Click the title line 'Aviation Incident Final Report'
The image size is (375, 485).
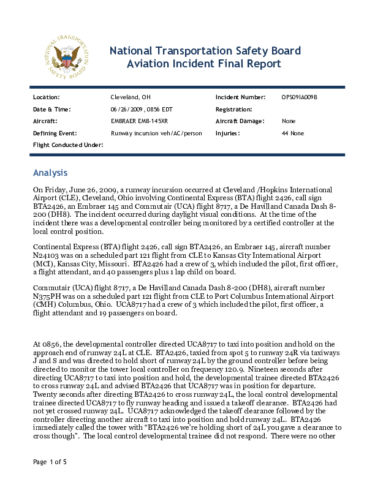[x=203, y=64]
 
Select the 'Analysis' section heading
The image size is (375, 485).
[x=50, y=173]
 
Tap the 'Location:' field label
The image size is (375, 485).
[x=46, y=97]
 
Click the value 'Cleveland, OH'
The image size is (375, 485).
[x=131, y=97]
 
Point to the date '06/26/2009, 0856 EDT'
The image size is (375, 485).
[x=143, y=109]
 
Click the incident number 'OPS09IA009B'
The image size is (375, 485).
[x=300, y=97]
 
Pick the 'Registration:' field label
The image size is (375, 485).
[x=235, y=109]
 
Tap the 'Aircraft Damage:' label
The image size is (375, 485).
[x=240, y=121]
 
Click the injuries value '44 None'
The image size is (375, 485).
[x=293, y=133]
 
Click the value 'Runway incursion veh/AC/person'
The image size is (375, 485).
[x=156, y=133]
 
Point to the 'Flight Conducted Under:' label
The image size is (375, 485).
[x=67, y=145]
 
